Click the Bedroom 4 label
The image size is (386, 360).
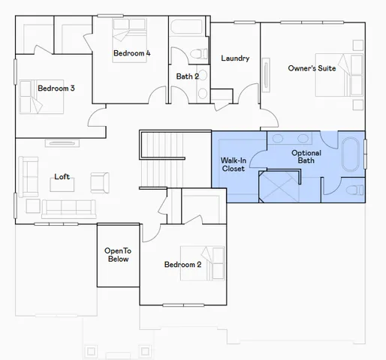point(131,53)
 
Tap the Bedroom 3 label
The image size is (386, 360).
point(56,88)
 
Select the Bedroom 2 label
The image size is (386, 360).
point(182,265)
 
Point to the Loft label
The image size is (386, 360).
point(62,178)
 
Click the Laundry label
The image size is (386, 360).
point(235,58)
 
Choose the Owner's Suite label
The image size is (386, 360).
point(312,68)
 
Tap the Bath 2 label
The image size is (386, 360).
point(187,76)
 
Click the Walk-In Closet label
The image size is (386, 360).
point(233,164)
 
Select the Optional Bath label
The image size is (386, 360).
point(306,157)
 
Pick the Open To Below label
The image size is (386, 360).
point(116,255)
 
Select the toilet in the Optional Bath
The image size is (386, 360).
point(354,189)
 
